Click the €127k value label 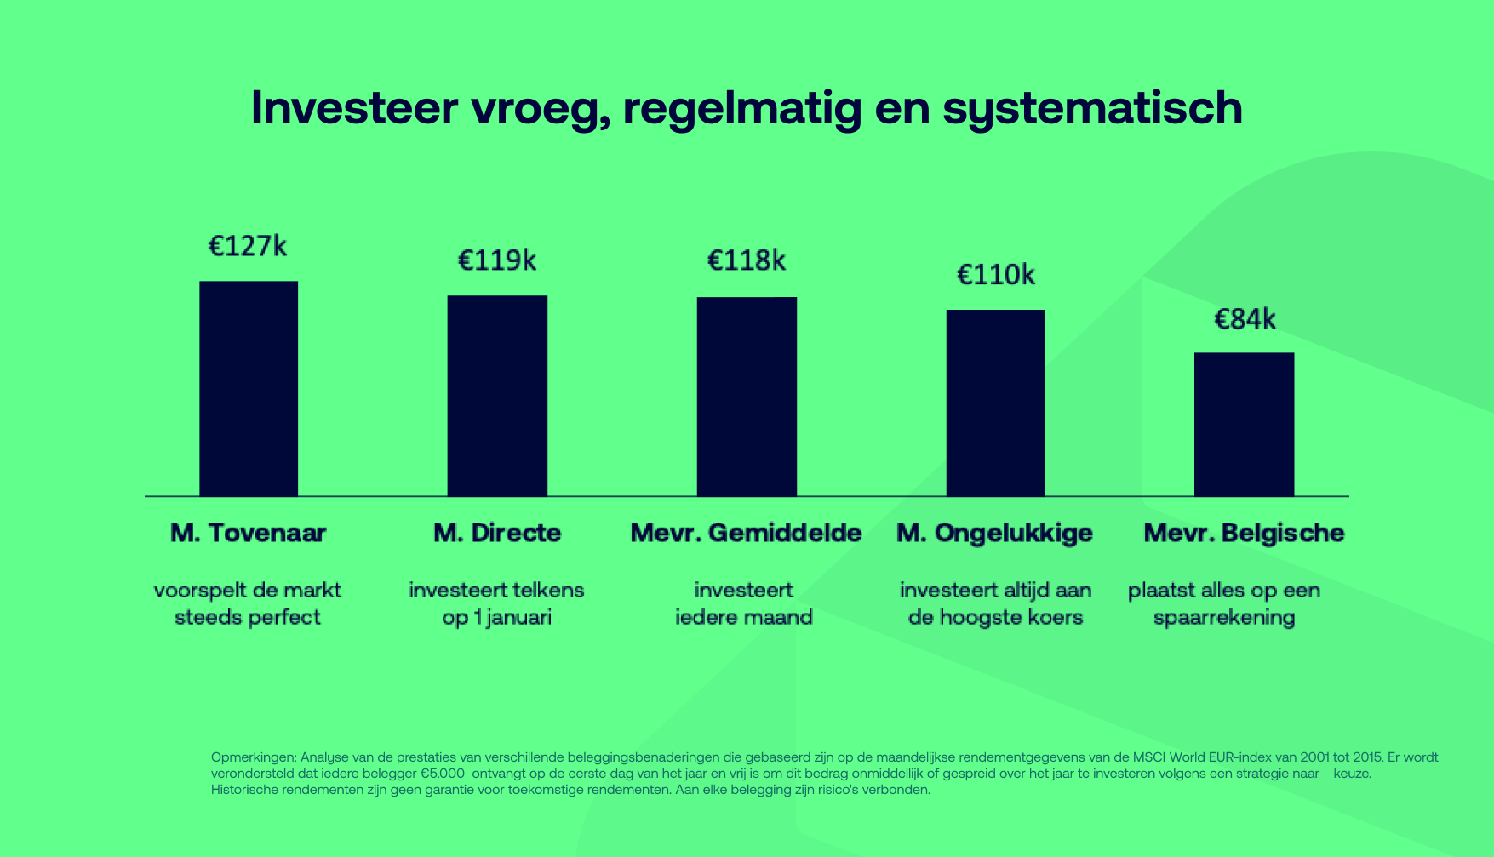pyautogui.click(x=248, y=247)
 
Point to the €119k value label pyautogui.click(x=497, y=260)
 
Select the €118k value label pyautogui.click(x=747, y=260)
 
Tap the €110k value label pyautogui.click(x=996, y=275)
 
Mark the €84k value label pyautogui.click(x=1245, y=319)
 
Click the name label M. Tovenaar pyautogui.click(x=249, y=534)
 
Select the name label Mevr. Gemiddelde pyautogui.click(x=746, y=534)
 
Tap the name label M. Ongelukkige pyautogui.click(x=994, y=534)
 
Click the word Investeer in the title pyautogui.click(x=354, y=108)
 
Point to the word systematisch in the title pyautogui.click(x=1092, y=110)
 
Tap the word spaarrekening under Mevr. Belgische pyautogui.click(x=1224, y=618)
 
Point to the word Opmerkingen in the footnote pyautogui.click(x=253, y=757)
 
